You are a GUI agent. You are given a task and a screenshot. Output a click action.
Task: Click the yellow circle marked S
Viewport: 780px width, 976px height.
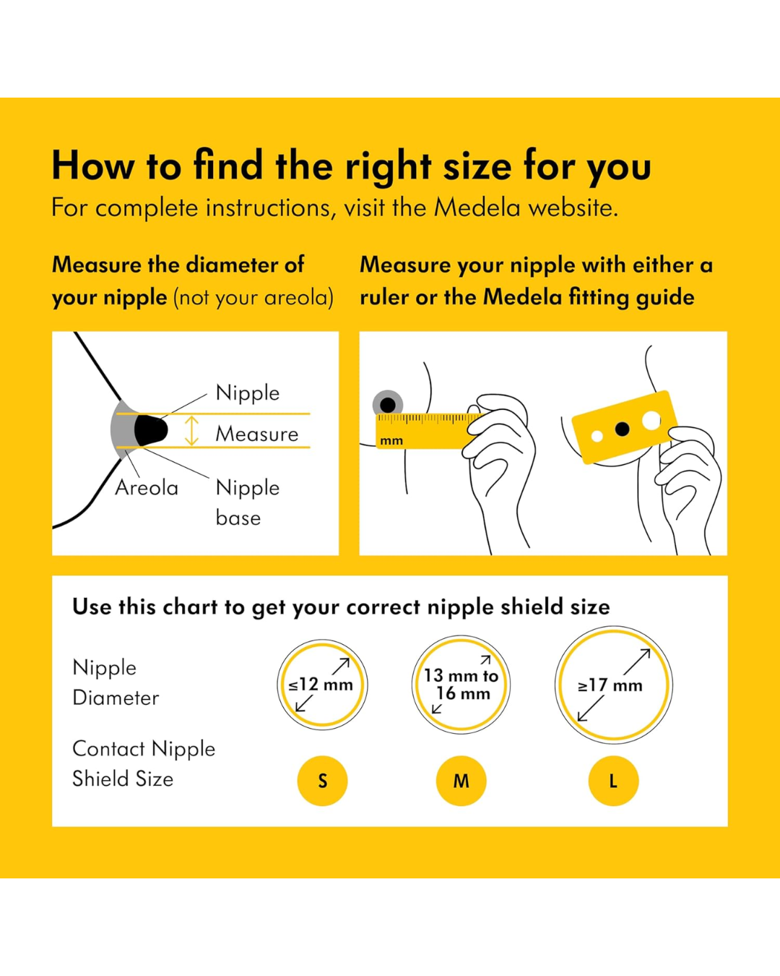tap(322, 781)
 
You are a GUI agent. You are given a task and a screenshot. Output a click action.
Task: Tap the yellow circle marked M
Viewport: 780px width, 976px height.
tap(461, 781)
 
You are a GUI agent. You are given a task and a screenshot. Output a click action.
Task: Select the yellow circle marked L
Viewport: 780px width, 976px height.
tap(613, 781)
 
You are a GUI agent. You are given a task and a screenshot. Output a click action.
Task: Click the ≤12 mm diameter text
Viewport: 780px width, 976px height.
tap(321, 685)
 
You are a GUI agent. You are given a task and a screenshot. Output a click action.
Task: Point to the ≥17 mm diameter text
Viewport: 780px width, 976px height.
tap(610, 685)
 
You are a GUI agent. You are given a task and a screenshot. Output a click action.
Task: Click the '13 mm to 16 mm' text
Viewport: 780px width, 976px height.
tap(461, 685)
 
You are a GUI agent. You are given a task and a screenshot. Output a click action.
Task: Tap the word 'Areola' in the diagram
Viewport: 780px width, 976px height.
tap(147, 488)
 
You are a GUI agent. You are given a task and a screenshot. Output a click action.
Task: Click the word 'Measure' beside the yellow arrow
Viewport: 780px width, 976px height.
tap(256, 434)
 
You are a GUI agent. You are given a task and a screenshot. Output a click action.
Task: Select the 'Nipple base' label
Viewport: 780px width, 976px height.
tap(248, 503)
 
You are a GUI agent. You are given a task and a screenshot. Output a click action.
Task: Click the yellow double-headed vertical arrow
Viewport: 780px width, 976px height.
tap(191, 430)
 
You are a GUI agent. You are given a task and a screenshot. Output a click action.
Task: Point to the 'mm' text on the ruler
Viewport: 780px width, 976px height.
tap(391, 440)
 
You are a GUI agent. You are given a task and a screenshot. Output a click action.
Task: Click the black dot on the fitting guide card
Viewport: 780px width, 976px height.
tap(622, 428)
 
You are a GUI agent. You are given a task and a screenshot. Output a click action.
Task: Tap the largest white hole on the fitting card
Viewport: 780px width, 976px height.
tap(651, 421)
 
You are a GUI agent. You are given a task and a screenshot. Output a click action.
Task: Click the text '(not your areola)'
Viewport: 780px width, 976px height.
tap(253, 298)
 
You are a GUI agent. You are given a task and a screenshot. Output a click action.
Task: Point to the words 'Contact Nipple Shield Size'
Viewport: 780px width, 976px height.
tap(144, 763)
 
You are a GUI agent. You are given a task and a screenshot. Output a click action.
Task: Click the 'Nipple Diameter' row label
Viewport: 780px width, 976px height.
tap(116, 682)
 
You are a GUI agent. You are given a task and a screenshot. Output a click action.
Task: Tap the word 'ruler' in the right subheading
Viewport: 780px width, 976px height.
tap(383, 298)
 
